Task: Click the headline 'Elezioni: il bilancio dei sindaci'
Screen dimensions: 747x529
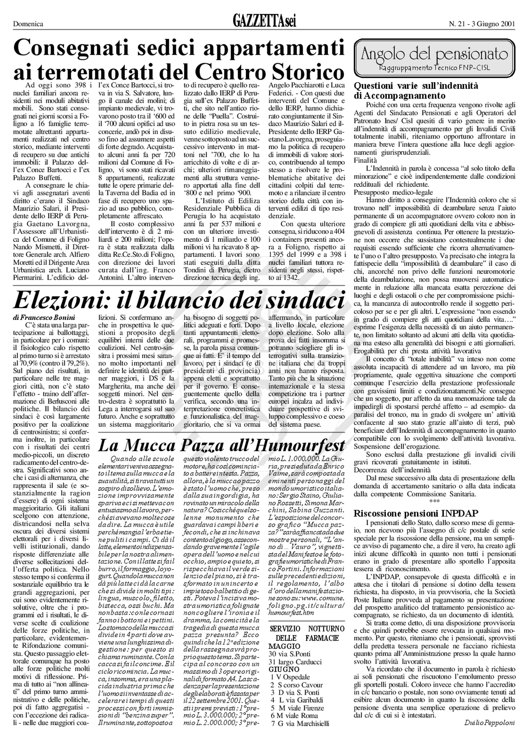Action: click(x=179, y=300)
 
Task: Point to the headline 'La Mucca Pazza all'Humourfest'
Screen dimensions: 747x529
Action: click(x=222, y=445)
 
